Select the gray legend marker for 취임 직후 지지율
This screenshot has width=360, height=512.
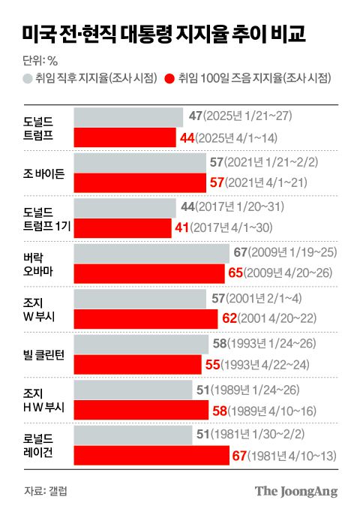click(x=28, y=77)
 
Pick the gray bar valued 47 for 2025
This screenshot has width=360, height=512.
click(x=128, y=116)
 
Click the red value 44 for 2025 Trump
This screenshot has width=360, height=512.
click(x=188, y=137)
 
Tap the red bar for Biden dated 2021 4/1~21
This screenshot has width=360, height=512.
click(x=140, y=183)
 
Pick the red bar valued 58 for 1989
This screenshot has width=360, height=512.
click(x=141, y=411)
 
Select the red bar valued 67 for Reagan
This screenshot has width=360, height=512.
click(x=151, y=456)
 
